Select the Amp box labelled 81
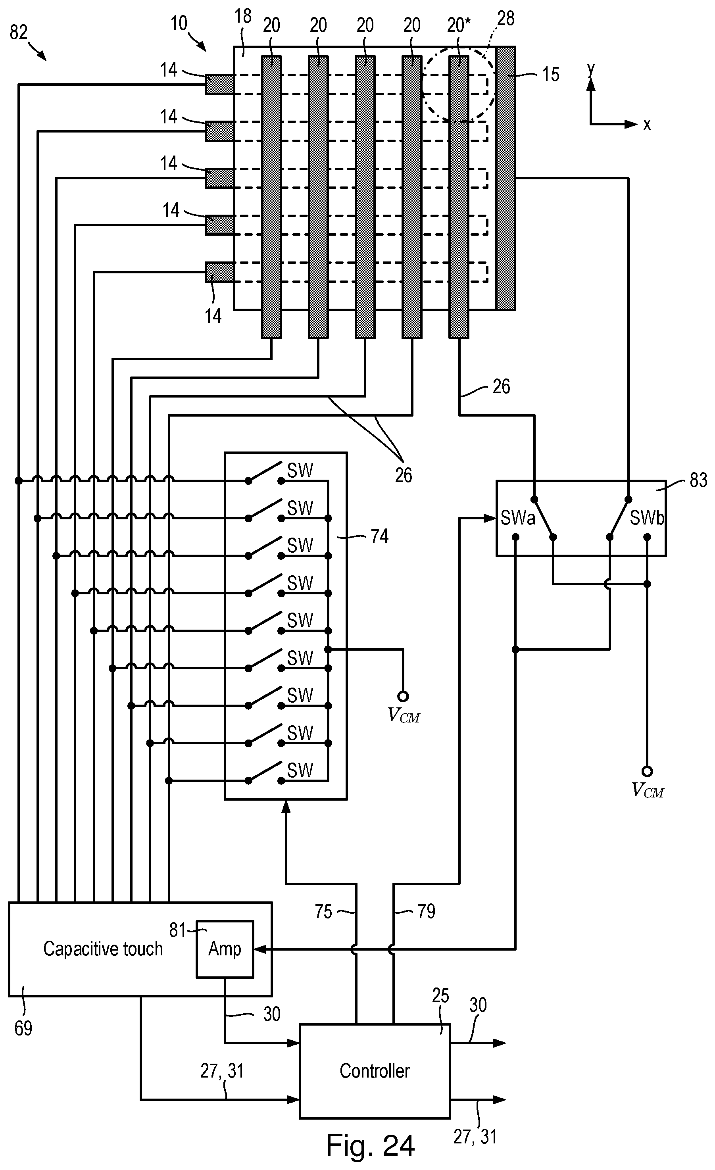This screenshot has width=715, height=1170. point(225,948)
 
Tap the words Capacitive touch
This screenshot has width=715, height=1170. point(103,948)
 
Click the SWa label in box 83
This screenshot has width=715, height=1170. point(517,518)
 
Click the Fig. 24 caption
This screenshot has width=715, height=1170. point(370,1145)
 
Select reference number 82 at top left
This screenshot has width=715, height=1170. point(19,32)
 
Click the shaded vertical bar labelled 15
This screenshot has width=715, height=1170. point(505,178)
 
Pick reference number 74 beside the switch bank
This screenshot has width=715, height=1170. point(379,536)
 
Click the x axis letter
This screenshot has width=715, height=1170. point(647,125)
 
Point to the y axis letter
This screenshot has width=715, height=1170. point(591,69)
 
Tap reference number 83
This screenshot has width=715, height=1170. point(698,480)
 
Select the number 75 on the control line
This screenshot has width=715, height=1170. point(323,911)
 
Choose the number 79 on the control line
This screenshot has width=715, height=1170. point(426,911)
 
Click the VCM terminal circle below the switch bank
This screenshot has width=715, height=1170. point(403,696)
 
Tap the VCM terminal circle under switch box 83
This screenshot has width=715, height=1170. point(647,771)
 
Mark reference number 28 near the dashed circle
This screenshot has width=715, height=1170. point(505,19)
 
